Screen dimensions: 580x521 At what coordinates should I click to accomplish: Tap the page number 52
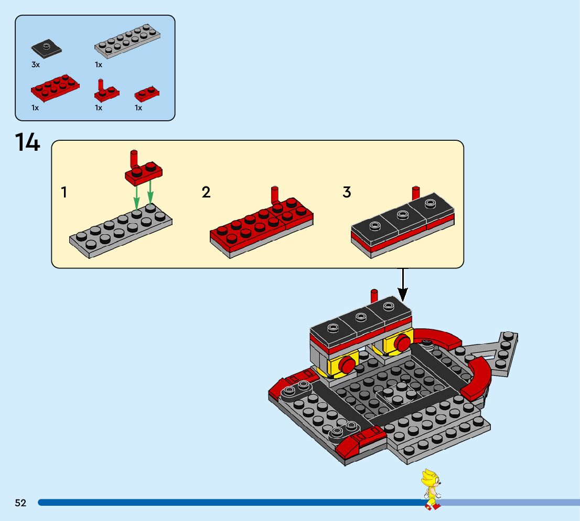coord(20,503)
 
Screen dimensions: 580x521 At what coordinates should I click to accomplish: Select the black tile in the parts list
coord(46,49)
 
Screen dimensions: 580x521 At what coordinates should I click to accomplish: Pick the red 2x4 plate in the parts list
coord(55,87)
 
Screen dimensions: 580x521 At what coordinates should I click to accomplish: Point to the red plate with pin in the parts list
coord(106,92)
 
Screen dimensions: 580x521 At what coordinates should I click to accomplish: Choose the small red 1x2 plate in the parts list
coord(147,94)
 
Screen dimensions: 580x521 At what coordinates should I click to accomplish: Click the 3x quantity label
coord(35,65)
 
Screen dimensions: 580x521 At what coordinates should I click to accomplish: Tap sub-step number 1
coord(64,193)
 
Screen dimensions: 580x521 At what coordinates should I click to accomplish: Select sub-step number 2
coord(206,193)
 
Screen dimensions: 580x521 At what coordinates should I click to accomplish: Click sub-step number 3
coord(347,193)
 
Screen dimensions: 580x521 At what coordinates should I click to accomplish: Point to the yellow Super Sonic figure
coord(432,489)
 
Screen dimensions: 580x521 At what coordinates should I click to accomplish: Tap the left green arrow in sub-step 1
coord(136,197)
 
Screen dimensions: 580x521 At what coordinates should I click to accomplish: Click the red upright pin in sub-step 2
coord(274,196)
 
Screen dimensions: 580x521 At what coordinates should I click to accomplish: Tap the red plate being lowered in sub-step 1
coord(143,172)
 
